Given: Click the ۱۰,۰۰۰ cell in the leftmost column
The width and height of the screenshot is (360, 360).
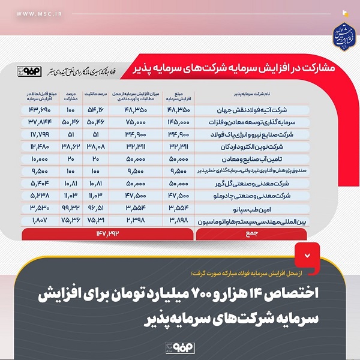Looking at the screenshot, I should coord(39,159).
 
